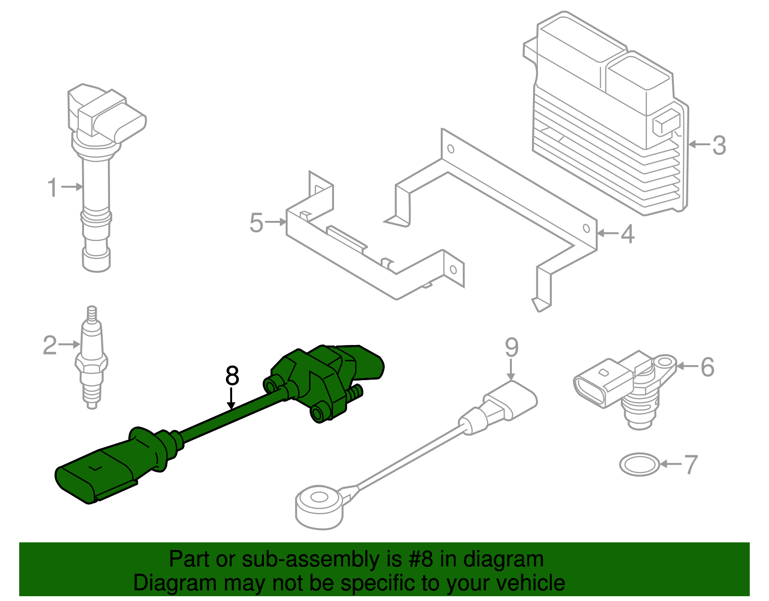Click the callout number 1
[52, 188]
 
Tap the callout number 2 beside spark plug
[50, 345]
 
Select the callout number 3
[719, 145]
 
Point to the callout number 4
[627, 234]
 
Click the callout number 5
[256, 223]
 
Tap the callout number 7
[691, 465]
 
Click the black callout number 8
[232, 376]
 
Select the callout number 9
[511, 347]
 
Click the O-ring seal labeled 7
[639, 464]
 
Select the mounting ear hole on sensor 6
[665, 361]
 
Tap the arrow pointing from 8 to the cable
[232, 399]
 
